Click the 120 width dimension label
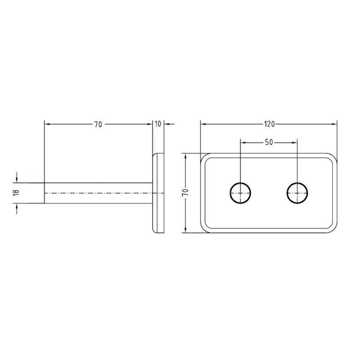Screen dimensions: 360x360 tap(269, 124)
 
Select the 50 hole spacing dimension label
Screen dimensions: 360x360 tap(269, 143)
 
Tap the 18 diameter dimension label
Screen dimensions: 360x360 tap(16, 193)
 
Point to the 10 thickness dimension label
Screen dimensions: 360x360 tap(158, 124)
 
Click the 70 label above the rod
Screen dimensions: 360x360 tap(98, 124)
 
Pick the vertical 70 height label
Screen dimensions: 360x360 tap(185, 192)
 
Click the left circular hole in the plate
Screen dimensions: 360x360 tap(240, 193)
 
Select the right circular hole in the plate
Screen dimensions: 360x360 tap(297, 193)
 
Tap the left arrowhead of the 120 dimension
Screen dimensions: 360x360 tap(203, 124)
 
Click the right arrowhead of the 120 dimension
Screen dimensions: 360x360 tap(334, 124)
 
